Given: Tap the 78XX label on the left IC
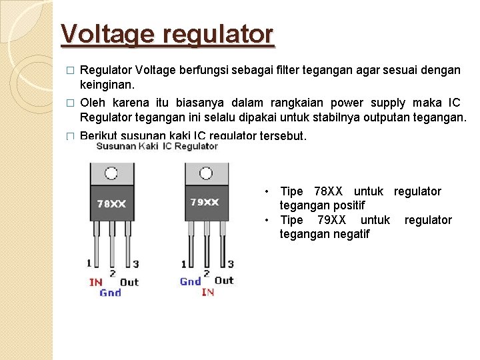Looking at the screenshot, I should [x=111, y=204].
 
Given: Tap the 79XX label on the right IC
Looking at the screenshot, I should [x=205, y=202].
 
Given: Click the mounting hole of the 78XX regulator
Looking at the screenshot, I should [x=111, y=174].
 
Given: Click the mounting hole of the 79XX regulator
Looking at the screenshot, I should [x=205, y=173].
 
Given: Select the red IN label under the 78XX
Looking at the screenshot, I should [x=95, y=282].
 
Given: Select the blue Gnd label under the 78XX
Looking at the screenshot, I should [x=111, y=293].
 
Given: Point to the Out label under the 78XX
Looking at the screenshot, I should [x=129, y=282].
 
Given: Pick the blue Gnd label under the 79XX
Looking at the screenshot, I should [x=190, y=281].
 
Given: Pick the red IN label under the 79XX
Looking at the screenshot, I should [x=207, y=292].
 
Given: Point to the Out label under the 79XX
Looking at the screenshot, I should [x=225, y=281].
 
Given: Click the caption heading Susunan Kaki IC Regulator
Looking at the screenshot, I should [x=157, y=147].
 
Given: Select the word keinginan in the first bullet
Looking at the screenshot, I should [x=107, y=85].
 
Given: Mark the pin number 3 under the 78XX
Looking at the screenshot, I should [x=136, y=265].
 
